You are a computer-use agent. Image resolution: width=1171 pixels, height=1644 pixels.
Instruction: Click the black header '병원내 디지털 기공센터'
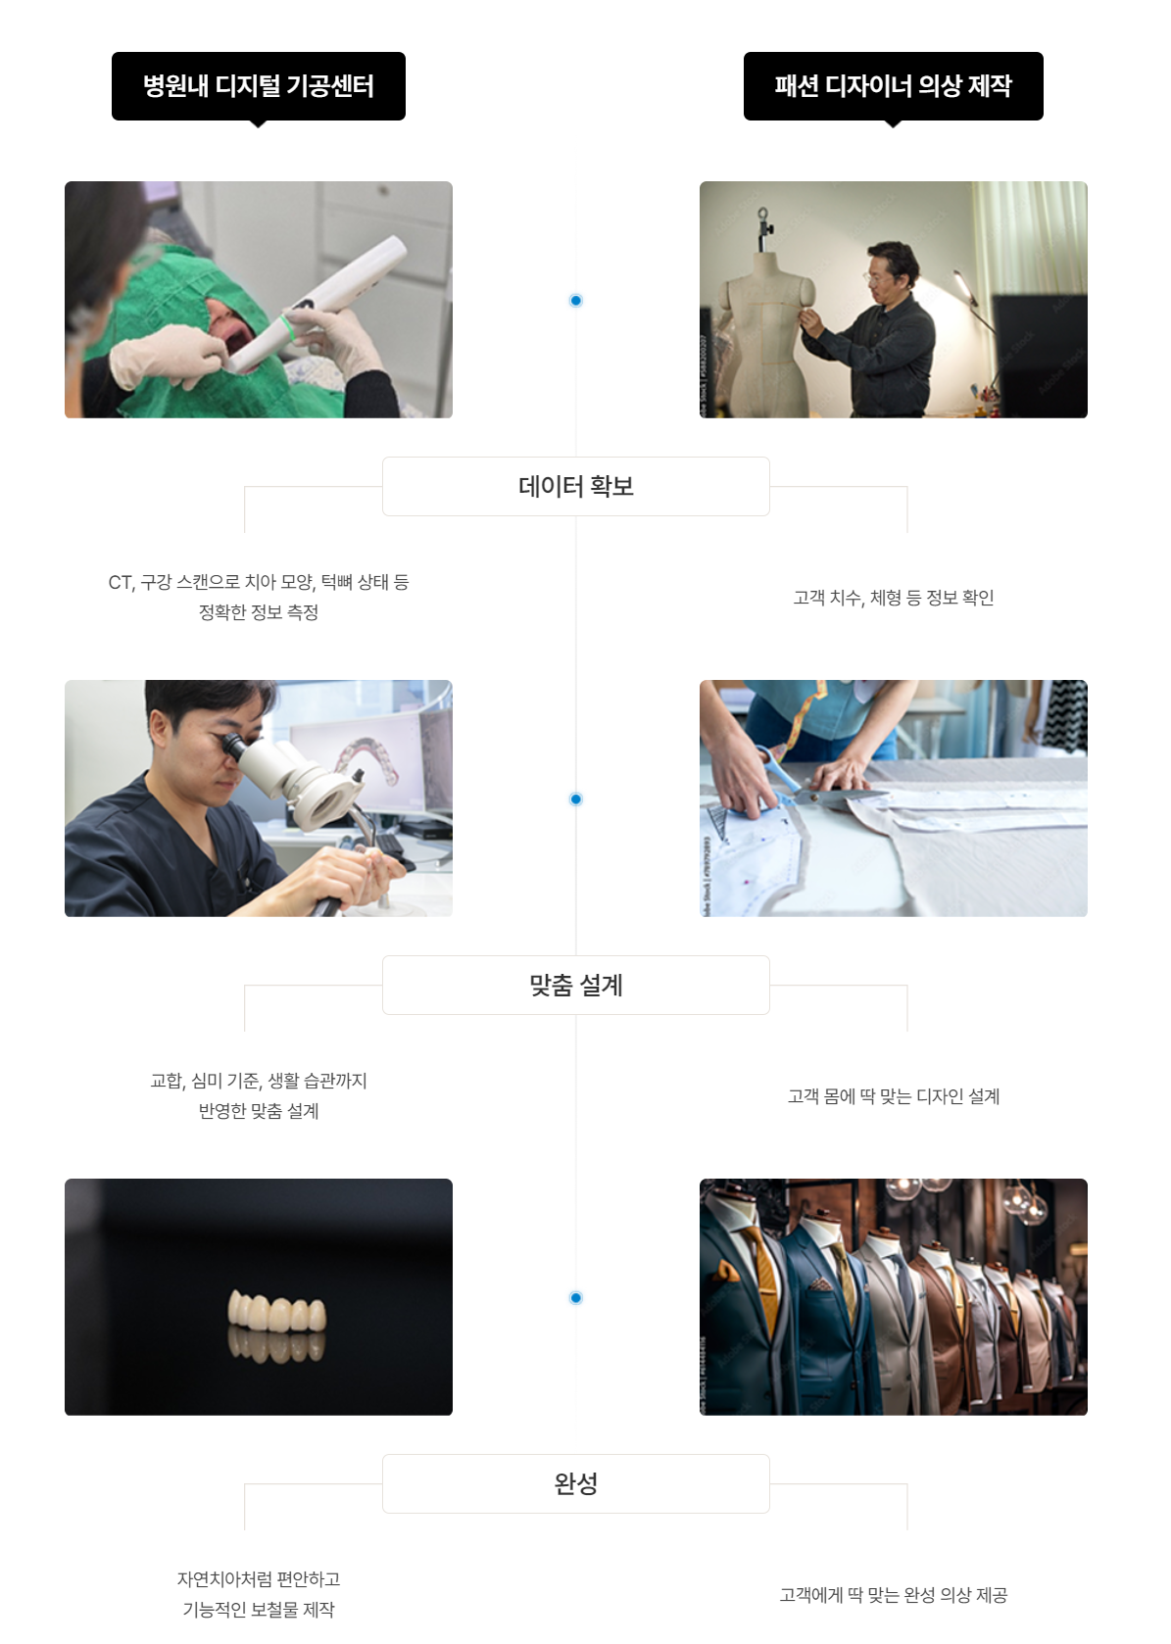259,86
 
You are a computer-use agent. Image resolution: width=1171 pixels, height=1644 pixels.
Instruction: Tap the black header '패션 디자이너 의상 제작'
893,86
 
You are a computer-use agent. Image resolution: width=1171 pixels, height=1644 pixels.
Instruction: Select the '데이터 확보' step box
575,487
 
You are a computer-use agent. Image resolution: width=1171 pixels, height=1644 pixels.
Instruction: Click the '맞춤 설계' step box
575,985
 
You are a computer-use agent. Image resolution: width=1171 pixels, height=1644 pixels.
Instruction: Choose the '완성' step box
575,1483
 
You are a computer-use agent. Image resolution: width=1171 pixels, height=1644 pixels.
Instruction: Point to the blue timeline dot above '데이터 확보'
575,300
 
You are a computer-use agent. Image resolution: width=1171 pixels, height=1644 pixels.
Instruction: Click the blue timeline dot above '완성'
575,1297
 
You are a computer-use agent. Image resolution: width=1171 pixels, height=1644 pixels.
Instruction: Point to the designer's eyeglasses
877,278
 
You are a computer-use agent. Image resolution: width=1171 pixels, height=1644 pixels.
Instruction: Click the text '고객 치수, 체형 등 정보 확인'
893,598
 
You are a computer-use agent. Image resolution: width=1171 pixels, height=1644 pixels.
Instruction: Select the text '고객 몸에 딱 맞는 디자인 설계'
893,1095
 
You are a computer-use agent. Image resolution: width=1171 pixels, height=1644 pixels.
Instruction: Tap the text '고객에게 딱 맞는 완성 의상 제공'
893,1594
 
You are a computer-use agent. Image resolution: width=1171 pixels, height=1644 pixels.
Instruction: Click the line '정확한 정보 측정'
259,612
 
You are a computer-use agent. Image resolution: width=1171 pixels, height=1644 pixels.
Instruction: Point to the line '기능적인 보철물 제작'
259,1610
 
